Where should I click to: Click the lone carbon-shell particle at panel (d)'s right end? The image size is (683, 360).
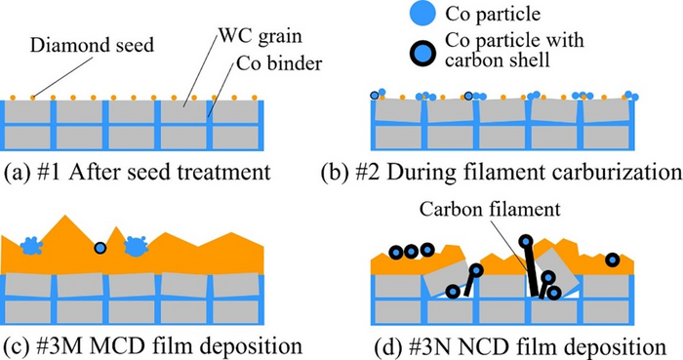click(x=611, y=261)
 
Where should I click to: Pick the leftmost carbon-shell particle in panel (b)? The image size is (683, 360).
click(x=375, y=95)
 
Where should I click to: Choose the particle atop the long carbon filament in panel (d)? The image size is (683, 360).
click(x=526, y=240)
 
